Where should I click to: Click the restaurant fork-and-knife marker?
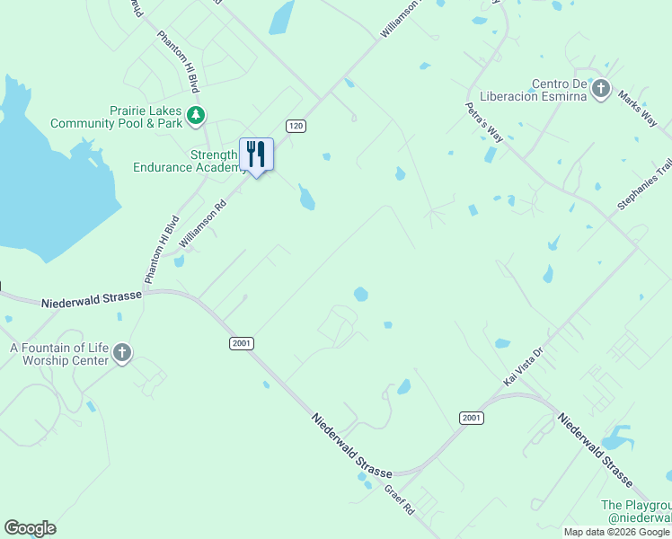pos(256,155)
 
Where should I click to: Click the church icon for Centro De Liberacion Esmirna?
pos(601,90)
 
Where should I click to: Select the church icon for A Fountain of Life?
pos(122,354)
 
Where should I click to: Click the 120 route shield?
pos(296,126)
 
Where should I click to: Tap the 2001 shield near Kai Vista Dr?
pos(471,418)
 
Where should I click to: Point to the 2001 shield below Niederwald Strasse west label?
pos(241,343)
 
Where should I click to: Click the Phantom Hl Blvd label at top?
pos(177,62)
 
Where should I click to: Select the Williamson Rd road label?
pos(202,224)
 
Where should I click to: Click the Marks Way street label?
pos(637,108)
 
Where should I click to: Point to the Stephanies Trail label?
pos(645,185)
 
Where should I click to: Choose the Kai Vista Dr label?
pos(524,367)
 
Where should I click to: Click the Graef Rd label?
pos(398,500)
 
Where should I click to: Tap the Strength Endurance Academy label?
pos(185,161)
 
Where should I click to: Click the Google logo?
pos(30,528)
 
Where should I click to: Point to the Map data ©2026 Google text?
pos(617,532)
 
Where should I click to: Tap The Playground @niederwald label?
pos(636,511)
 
